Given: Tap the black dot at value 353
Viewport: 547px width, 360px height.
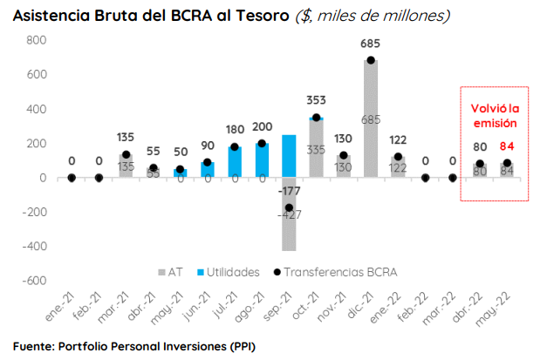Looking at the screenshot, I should point(316,117).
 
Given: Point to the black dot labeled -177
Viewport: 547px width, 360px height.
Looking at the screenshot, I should point(289,208).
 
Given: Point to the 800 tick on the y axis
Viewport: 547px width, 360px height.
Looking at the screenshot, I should point(36,41).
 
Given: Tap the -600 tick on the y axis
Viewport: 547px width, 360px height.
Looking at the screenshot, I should point(33,281).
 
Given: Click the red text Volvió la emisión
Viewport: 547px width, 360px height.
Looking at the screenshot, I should point(495,117).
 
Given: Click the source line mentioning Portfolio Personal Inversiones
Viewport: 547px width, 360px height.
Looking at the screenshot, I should point(133,345).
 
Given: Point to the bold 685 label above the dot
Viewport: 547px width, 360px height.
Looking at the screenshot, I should point(371,44).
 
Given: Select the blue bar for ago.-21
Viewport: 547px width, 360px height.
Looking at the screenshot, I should point(262,160).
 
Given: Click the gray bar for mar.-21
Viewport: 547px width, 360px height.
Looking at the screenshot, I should point(126,166).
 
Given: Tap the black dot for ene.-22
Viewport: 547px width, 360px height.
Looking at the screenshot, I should point(398,157).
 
